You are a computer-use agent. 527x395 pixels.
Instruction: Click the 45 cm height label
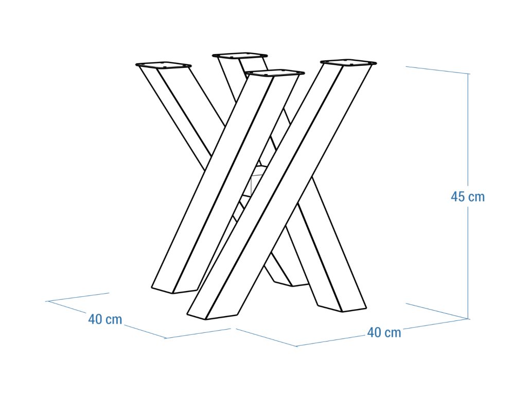(467, 196)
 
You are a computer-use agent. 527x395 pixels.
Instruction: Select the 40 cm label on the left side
(105, 319)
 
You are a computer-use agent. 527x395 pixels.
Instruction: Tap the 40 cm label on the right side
(384, 333)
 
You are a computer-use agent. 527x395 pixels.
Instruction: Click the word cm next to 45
(477, 197)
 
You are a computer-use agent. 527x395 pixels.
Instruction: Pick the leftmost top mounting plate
(163, 65)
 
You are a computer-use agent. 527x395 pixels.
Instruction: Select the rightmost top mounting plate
(348, 62)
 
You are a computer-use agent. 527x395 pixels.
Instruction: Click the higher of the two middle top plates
(240, 56)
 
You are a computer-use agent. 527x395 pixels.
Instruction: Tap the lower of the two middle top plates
(275, 73)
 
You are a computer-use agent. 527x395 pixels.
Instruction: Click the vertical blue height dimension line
(468, 196)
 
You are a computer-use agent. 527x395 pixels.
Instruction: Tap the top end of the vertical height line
(468, 73)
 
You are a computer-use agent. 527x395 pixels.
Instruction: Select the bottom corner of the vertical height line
(468, 318)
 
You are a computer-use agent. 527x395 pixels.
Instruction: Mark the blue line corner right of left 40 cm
(166, 338)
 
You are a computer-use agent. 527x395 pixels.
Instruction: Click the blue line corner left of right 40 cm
(296, 346)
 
